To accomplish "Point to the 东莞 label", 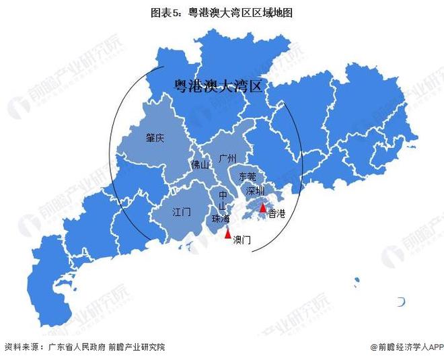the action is (x=247, y=177).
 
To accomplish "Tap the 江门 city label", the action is (x=182, y=211).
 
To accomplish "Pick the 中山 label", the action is (x=223, y=201).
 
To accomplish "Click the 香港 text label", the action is (x=276, y=214).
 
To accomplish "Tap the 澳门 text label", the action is (x=242, y=240).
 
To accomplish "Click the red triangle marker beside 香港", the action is (x=262, y=209).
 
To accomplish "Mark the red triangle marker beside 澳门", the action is (x=228, y=233).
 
